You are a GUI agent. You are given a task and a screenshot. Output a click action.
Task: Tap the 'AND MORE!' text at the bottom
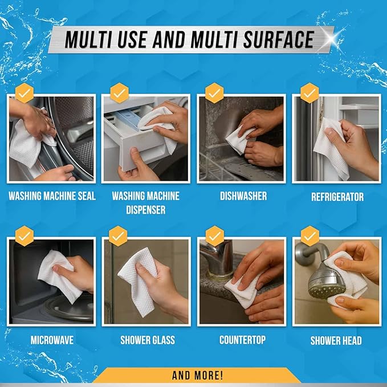pos(197,375)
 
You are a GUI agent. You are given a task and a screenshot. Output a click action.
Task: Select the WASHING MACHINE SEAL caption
pos(52,197)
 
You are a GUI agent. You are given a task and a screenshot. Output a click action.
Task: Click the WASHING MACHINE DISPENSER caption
pos(145,203)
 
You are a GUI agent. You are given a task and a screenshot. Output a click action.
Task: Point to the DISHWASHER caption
pos(243,196)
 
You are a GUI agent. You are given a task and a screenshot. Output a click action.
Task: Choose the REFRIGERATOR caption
pos(337,197)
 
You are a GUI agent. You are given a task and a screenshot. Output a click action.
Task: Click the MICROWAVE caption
pos(52,340)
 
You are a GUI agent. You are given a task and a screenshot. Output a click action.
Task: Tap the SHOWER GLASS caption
pos(147,340)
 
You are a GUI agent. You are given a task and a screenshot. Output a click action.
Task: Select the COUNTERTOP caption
pos(242,340)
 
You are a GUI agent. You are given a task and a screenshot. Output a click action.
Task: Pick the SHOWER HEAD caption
pos(337,341)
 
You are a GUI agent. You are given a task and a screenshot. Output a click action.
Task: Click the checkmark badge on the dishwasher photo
pos(214,93)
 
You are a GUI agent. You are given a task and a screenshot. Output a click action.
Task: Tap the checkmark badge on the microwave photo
pos(24,235)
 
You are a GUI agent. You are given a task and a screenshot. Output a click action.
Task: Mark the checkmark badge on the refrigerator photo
pos(309,92)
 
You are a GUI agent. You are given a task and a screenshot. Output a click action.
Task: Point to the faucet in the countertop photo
pos(219,256)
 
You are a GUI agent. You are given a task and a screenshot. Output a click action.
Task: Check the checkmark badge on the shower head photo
pos(309,235)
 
